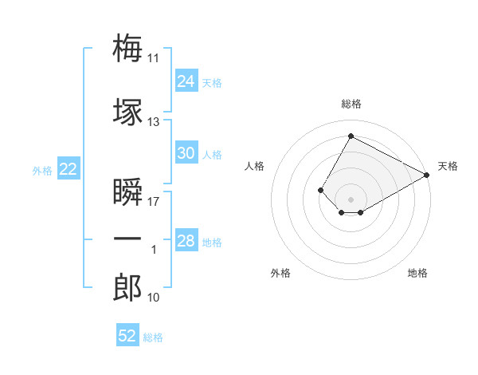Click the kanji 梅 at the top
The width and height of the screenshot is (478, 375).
(127, 48)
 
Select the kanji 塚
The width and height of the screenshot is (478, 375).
(127, 112)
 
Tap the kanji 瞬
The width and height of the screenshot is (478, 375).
(127, 191)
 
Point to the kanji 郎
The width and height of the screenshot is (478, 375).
(127, 287)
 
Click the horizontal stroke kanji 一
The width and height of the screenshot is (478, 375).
(127, 239)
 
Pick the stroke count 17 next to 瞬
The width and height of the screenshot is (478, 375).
(153, 202)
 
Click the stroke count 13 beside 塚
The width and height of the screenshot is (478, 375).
(153, 122)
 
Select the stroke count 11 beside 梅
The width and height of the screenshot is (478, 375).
(153, 58)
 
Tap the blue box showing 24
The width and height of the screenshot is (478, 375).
(186, 81)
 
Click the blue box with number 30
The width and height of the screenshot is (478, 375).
(186, 152)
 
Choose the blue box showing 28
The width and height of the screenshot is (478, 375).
(186, 239)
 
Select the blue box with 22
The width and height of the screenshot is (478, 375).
(69, 168)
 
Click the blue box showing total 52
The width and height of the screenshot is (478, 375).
(127, 334)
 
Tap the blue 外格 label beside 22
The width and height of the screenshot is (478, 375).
(42, 171)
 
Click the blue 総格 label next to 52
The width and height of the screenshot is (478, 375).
(153, 337)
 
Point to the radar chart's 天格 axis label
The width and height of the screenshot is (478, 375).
(448, 166)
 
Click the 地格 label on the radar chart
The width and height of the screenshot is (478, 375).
(417, 273)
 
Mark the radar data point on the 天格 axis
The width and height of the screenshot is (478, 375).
(426, 175)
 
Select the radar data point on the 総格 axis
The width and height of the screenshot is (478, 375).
(351, 136)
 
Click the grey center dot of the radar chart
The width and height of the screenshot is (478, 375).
(351, 199)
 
